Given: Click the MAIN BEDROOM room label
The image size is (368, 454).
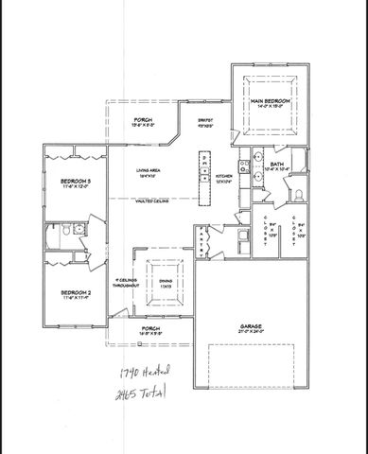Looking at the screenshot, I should pyautogui.click(x=270, y=99).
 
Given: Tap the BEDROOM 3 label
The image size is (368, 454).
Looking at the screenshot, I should pyautogui.click(x=75, y=180).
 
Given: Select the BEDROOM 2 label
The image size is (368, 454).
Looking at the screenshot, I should pyautogui.click(x=75, y=292).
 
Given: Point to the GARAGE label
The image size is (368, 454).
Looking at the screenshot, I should pyautogui.click(x=251, y=324).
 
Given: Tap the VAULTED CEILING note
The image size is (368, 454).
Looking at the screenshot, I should pyautogui.click(x=151, y=201).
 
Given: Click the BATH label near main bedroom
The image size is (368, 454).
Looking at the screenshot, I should pyautogui.click(x=277, y=164).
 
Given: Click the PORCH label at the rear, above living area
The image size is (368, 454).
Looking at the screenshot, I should pyautogui.click(x=143, y=119).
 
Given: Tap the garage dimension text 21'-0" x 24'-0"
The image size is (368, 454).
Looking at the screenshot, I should pyautogui.click(x=251, y=332).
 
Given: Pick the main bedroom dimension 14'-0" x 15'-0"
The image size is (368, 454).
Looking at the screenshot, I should pyautogui.click(x=270, y=107).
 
